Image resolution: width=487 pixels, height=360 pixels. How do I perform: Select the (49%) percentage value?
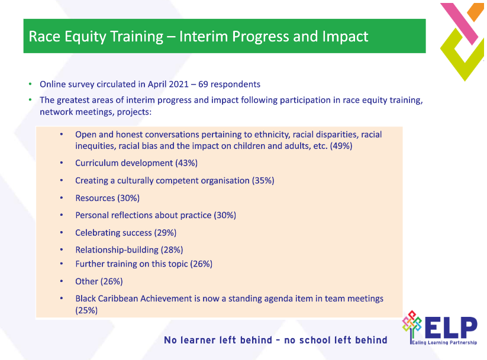pyautogui.click(x=341, y=145)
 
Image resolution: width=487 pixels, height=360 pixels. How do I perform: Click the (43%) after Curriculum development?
pyautogui.click(x=186, y=163)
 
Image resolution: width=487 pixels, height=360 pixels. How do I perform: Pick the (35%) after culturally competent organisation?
pyautogui.click(x=263, y=180)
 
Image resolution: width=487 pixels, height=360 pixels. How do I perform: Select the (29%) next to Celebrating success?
pyautogui.click(x=165, y=233)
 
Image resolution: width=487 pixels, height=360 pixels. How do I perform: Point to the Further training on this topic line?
pyautogui.click(x=143, y=264)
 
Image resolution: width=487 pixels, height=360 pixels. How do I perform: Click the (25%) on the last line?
pyautogui.click(x=86, y=310)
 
